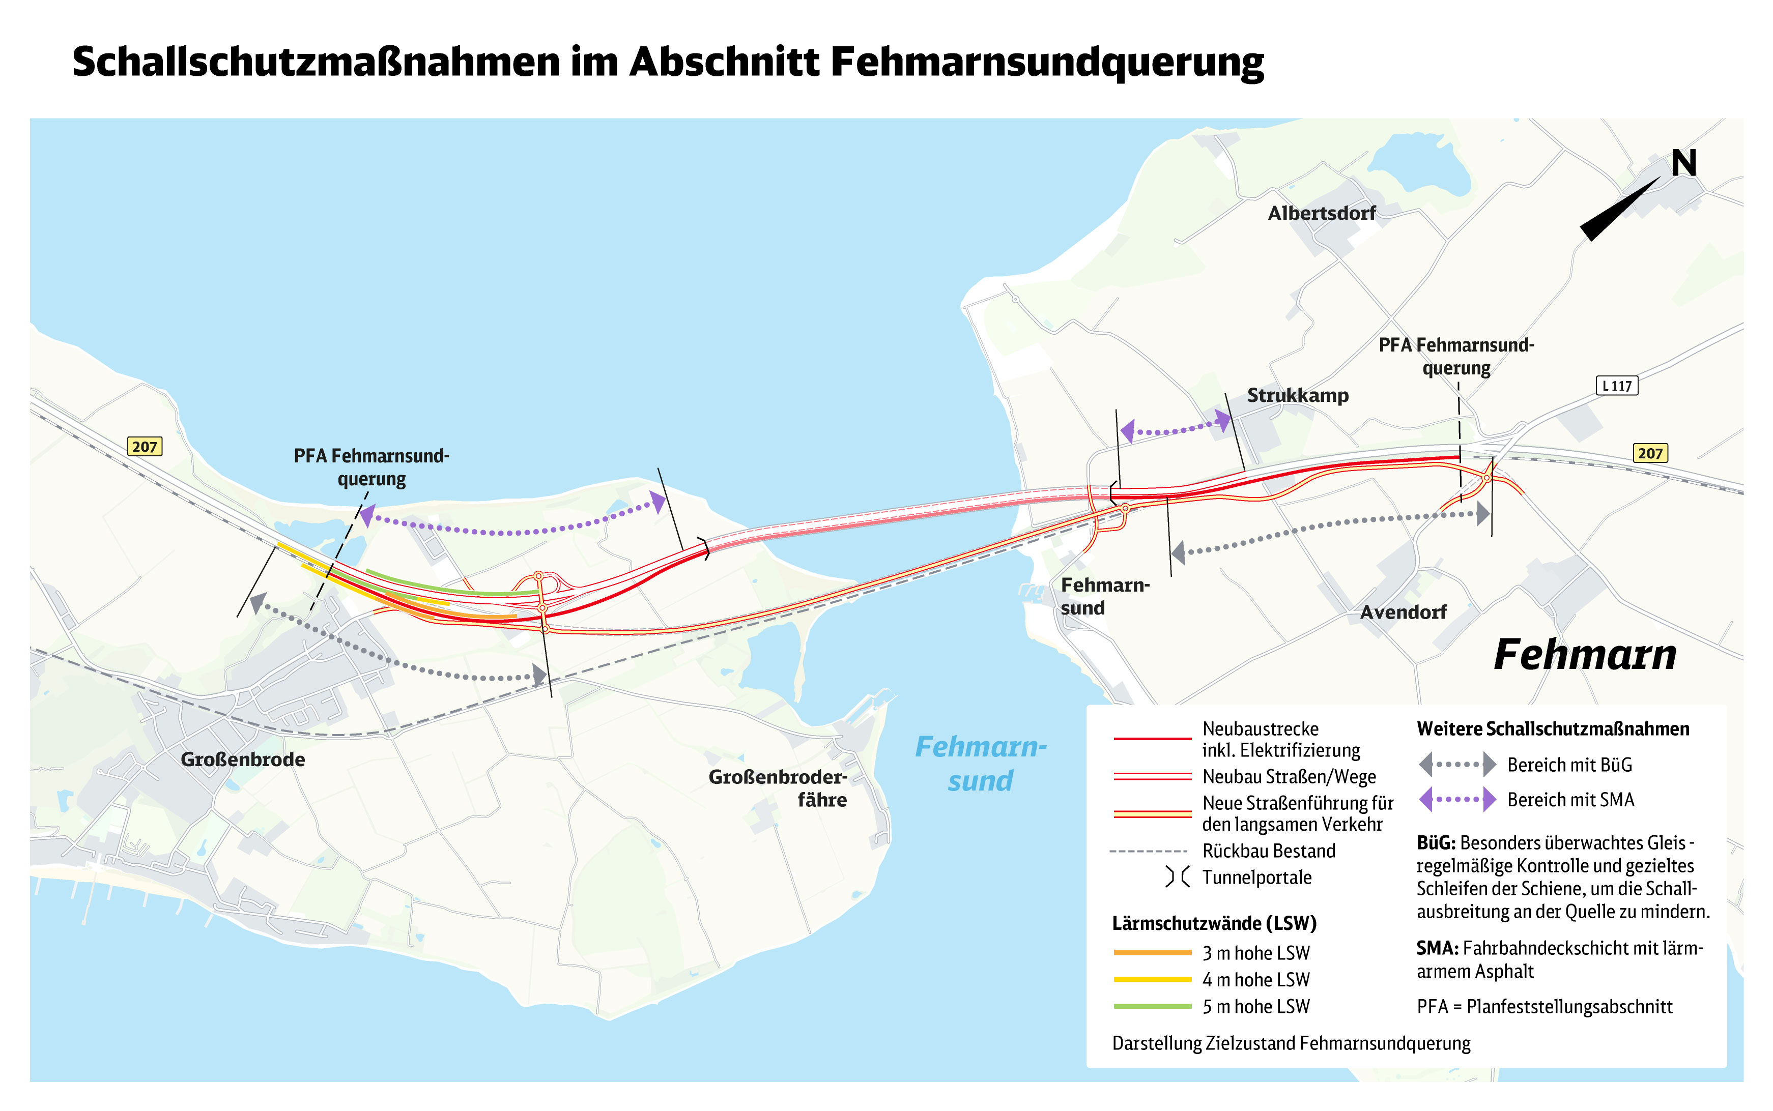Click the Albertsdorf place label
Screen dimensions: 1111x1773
[x=1321, y=213]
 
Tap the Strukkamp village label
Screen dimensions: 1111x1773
[x=1297, y=395]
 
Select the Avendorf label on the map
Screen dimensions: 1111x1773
[x=1403, y=612]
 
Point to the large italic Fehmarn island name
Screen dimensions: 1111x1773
[x=1585, y=655]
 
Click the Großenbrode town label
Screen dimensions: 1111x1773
[x=243, y=759]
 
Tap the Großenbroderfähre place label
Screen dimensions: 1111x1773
[x=778, y=787]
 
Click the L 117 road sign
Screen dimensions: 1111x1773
[x=1616, y=386]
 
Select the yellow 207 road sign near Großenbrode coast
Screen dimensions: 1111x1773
[x=145, y=446]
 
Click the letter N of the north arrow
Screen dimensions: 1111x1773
[x=1683, y=163]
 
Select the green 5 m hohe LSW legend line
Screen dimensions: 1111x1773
[x=1152, y=1006]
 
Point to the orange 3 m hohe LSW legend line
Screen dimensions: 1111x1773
[x=1152, y=952]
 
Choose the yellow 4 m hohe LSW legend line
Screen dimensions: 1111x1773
[x=1152, y=979]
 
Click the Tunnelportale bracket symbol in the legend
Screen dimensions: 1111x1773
[x=1177, y=876]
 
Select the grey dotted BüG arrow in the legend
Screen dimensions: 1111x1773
[x=1457, y=764]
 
